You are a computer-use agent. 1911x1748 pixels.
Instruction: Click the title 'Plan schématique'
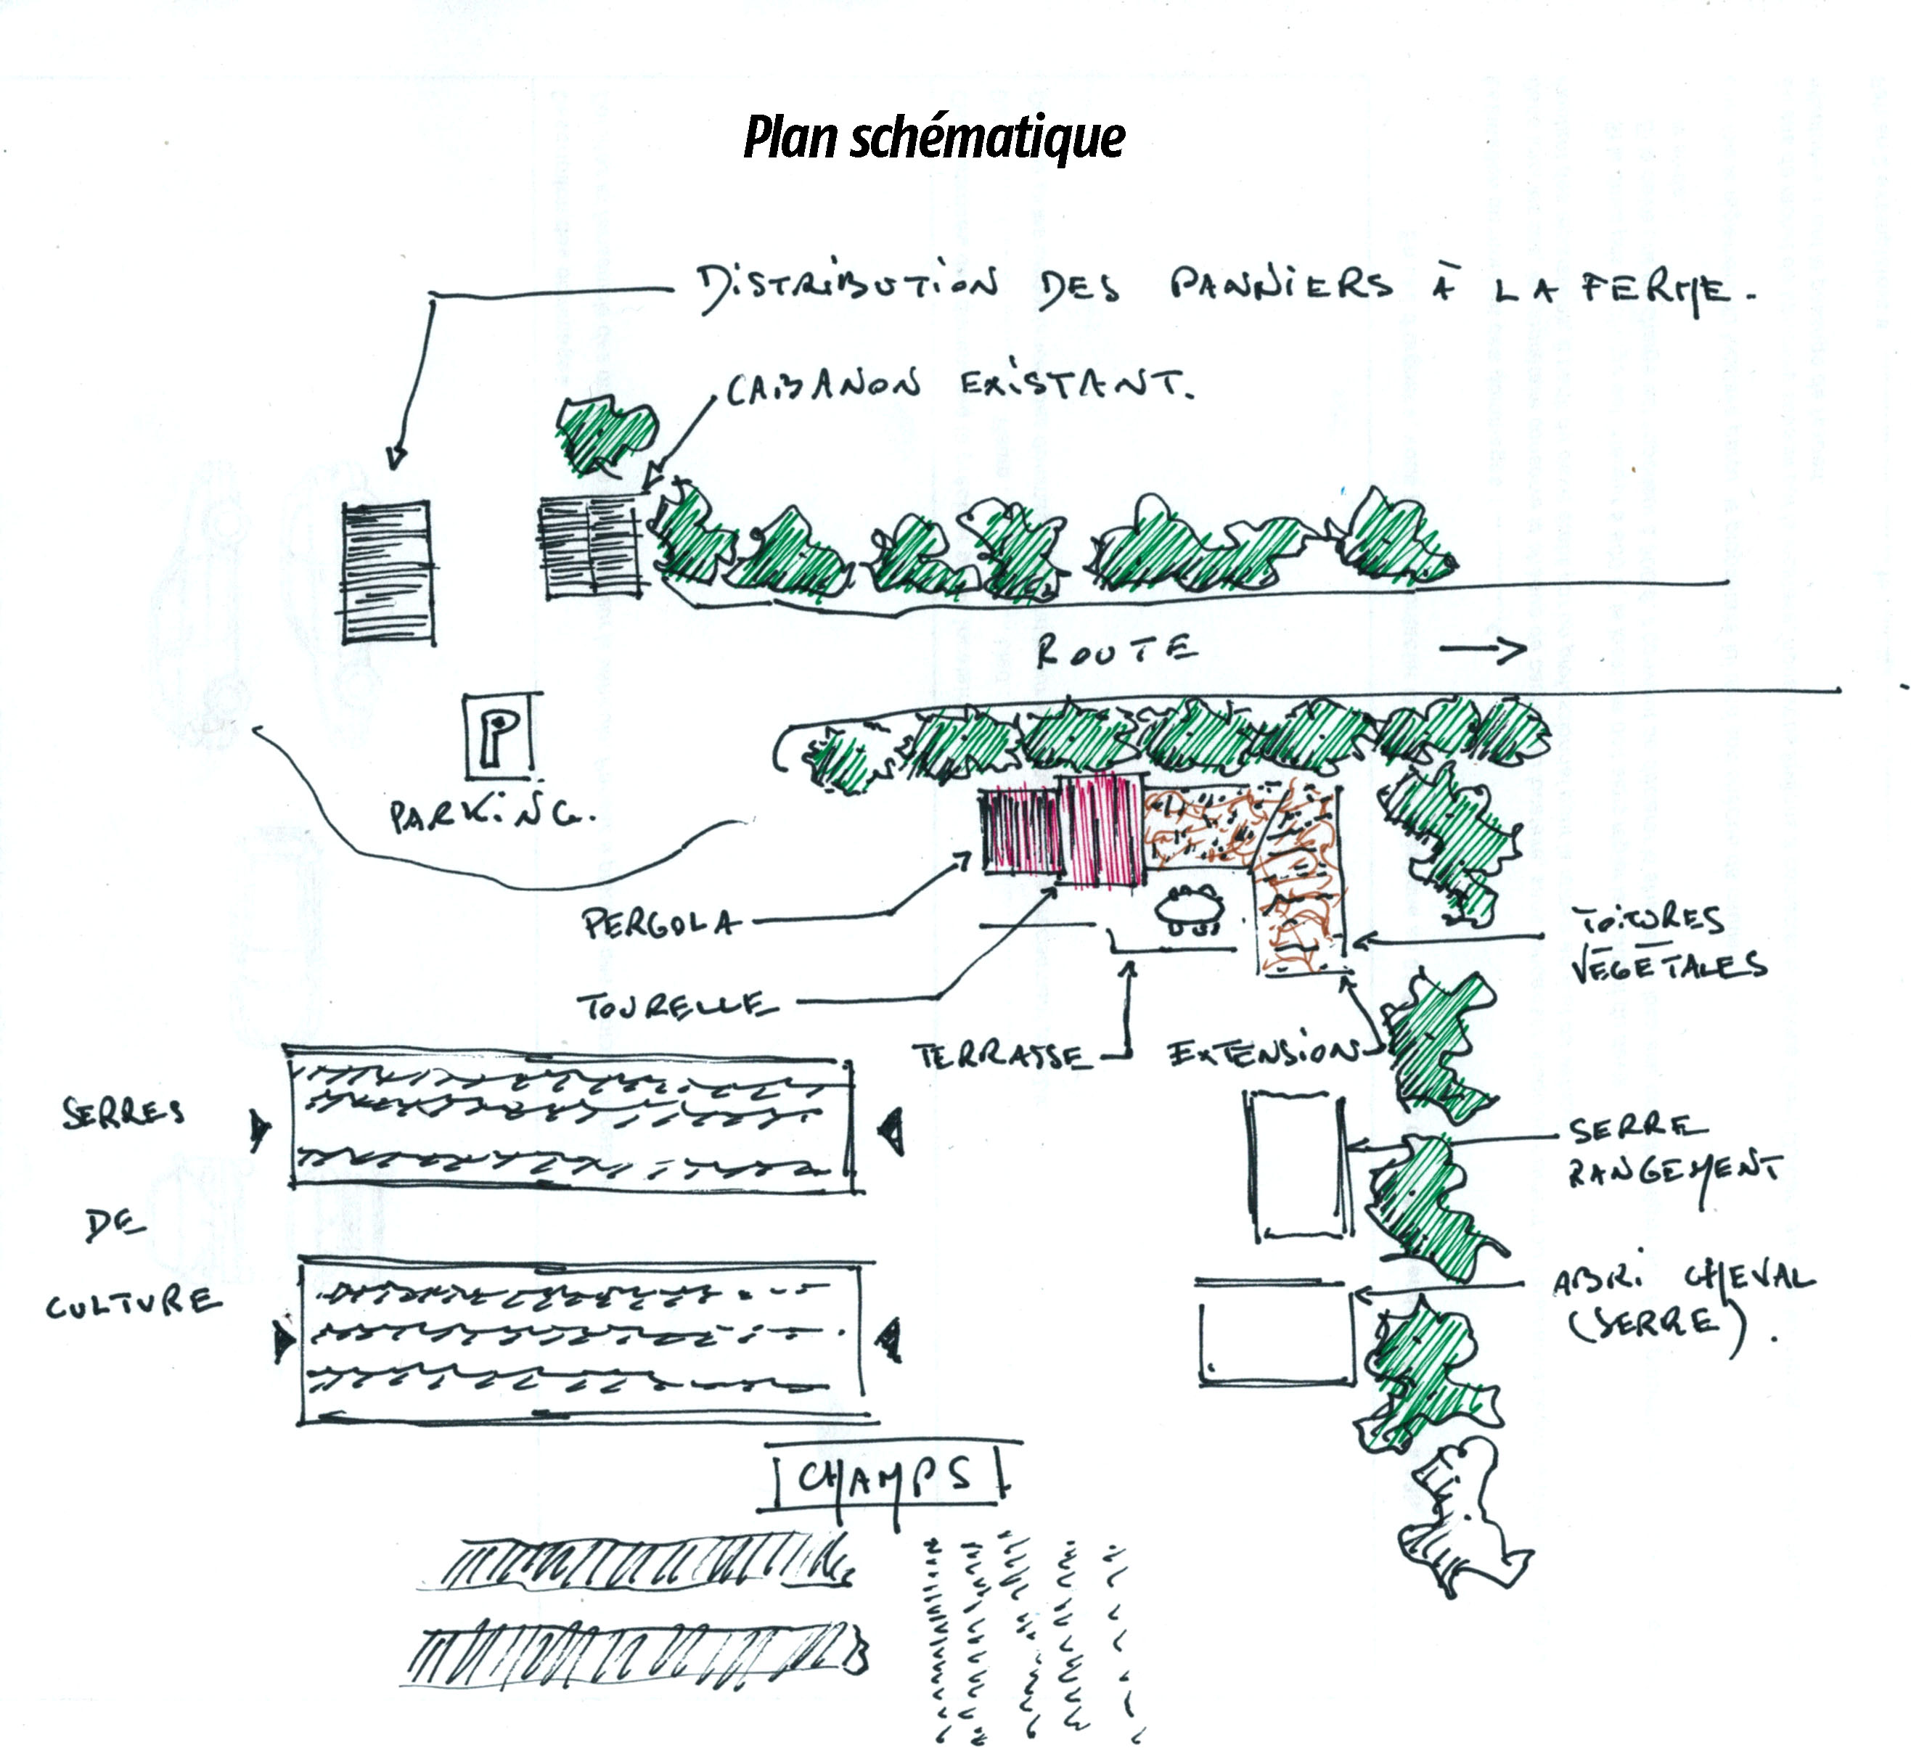(933, 137)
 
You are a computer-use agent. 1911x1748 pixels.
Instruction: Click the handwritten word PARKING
(492, 816)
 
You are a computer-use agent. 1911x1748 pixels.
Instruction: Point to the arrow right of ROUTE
(1483, 649)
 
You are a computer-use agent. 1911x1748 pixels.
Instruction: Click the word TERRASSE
(1000, 1055)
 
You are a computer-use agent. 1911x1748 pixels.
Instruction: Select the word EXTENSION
(1261, 1052)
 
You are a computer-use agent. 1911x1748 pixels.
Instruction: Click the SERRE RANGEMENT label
(1673, 1151)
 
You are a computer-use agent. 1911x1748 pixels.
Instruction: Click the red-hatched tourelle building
(1100, 830)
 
